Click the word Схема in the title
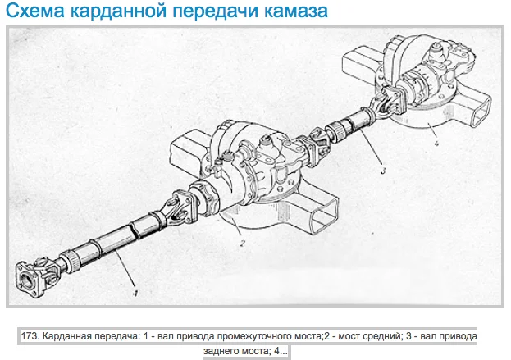pyautogui.click(x=35, y=11)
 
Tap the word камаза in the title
pyautogui.click(x=295, y=11)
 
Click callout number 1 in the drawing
pyautogui.click(x=136, y=294)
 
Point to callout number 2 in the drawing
pyautogui.click(x=242, y=244)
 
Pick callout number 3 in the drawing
pyautogui.click(x=383, y=170)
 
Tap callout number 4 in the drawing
pyautogui.click(x=436, y=143)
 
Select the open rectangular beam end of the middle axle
pyautogui.click(x=324, y=214)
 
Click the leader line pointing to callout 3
pyautogui.click(x=372, y=148)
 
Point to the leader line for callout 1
pyautogui.click(x=125, y=270)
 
